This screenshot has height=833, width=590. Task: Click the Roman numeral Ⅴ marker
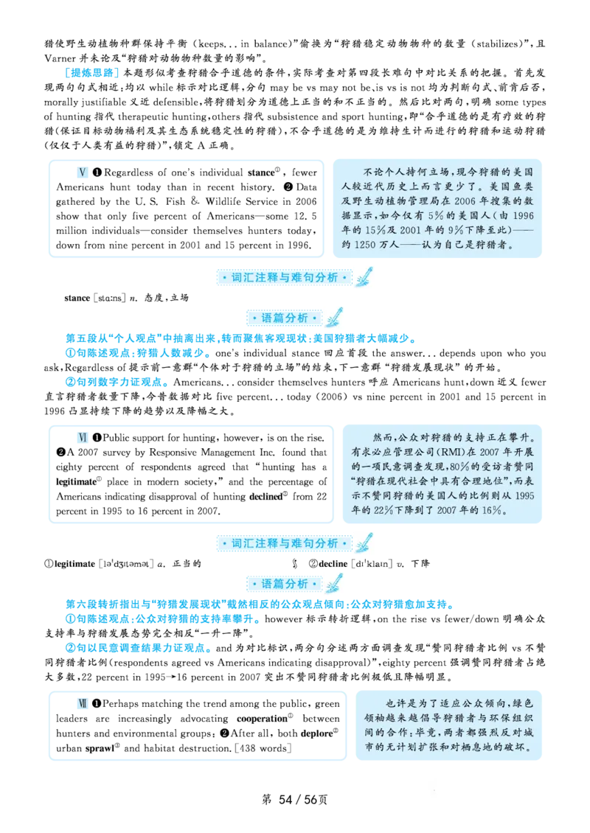point(83,172)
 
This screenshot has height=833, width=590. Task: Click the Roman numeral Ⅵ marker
point(83,438)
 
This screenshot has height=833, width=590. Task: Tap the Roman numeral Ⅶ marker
point(83,703)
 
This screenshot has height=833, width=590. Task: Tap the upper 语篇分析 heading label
point(285,318)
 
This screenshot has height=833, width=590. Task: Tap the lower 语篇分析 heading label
point(285,584)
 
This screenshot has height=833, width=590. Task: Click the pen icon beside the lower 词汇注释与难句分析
point(364,543)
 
